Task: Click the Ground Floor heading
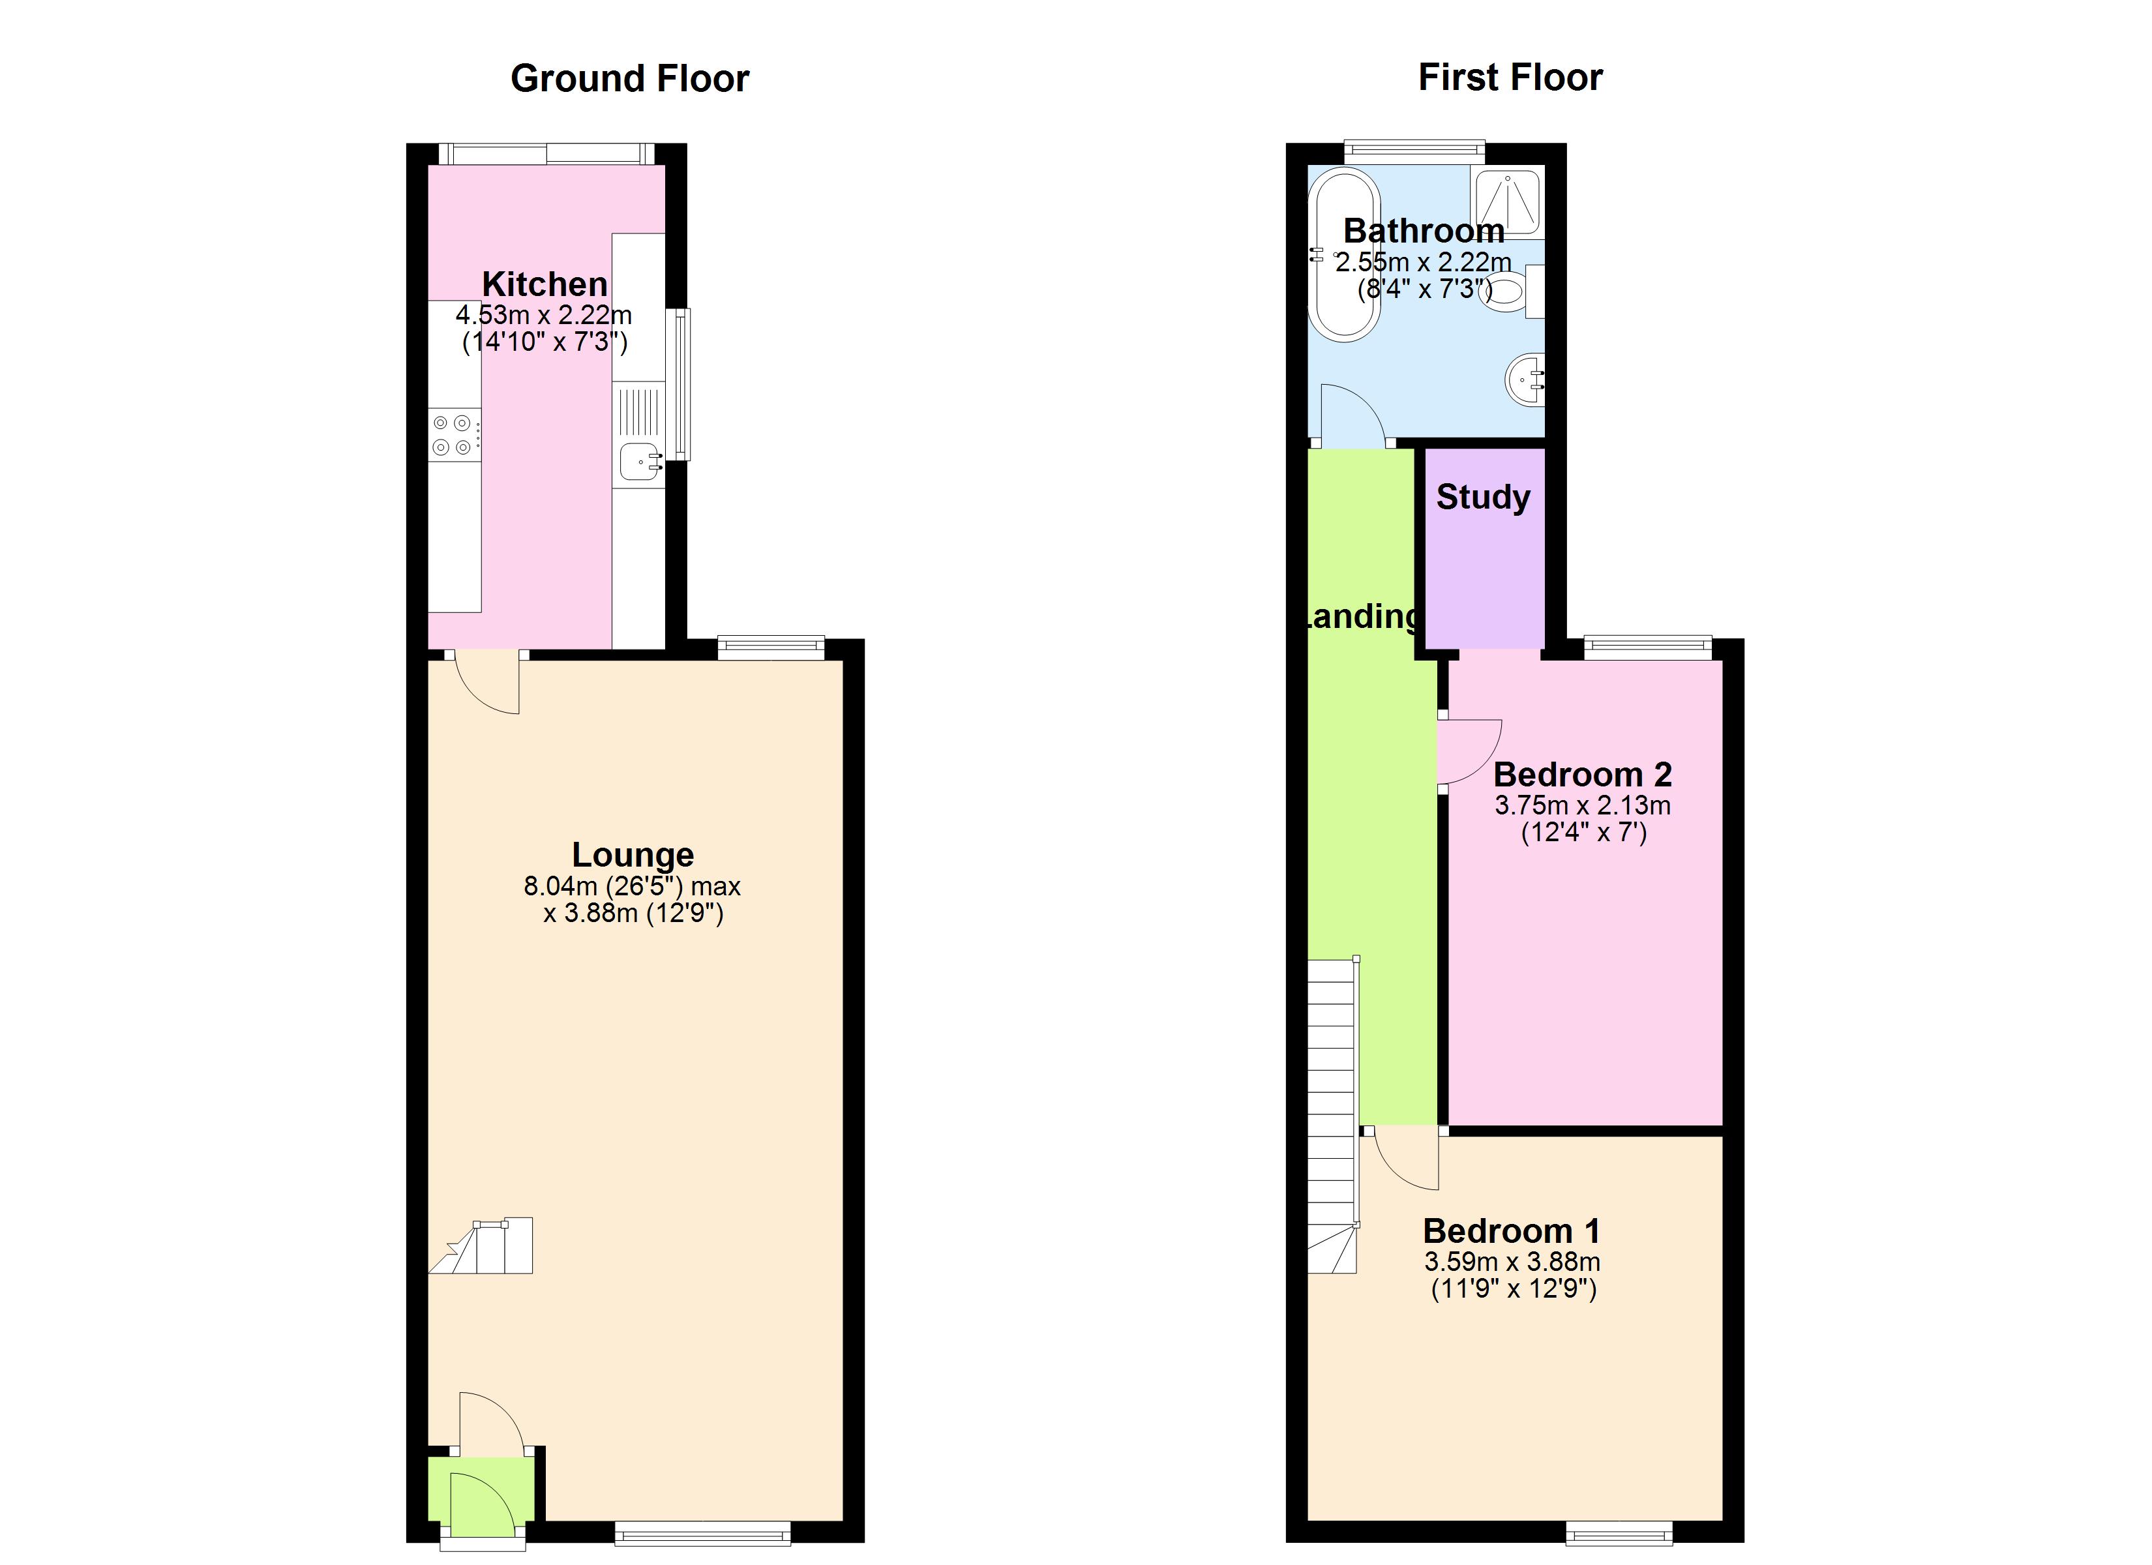(x=629, y=78)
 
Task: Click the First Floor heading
(x=1510, y=77)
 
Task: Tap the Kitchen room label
(x=545, y=284)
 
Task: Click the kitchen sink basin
(x=640, y=462)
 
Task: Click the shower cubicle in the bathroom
(x=1507, y=201)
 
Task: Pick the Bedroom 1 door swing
(x=1404, y=1159)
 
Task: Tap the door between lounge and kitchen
(x=486, y=681)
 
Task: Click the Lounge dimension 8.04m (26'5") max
(x=632, y=886)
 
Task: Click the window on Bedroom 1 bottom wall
(x=1618, y=1532)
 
